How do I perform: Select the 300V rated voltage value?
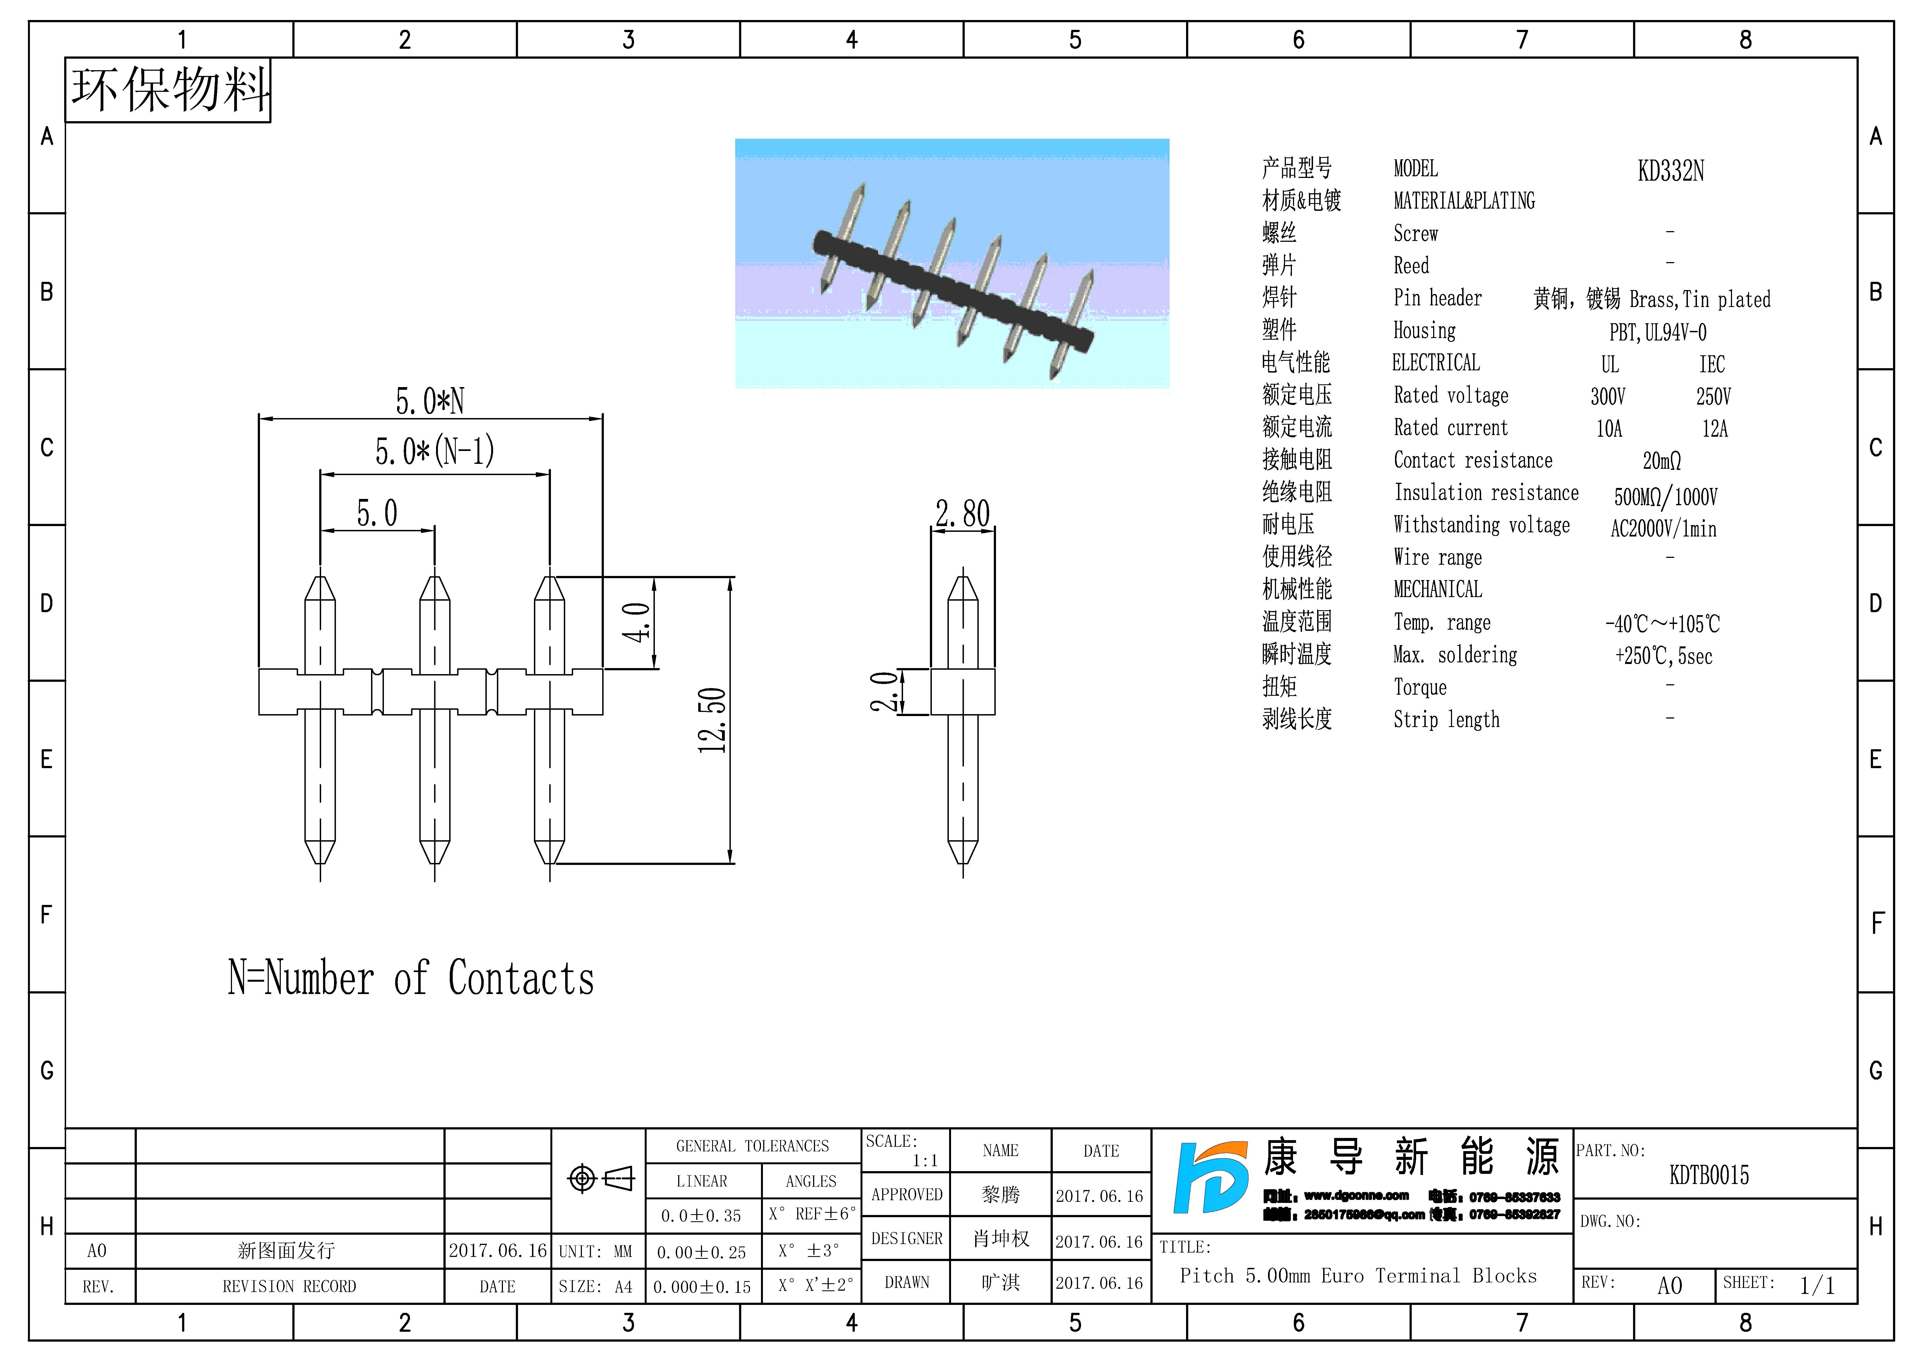[1607, 396]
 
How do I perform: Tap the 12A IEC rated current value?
[1714, 429]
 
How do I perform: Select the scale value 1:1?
[925, 1161]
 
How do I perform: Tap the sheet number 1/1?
[1817, 1285]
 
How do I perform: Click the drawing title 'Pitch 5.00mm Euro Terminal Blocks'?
[1357, 1276]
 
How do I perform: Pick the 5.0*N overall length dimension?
[430, 401]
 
